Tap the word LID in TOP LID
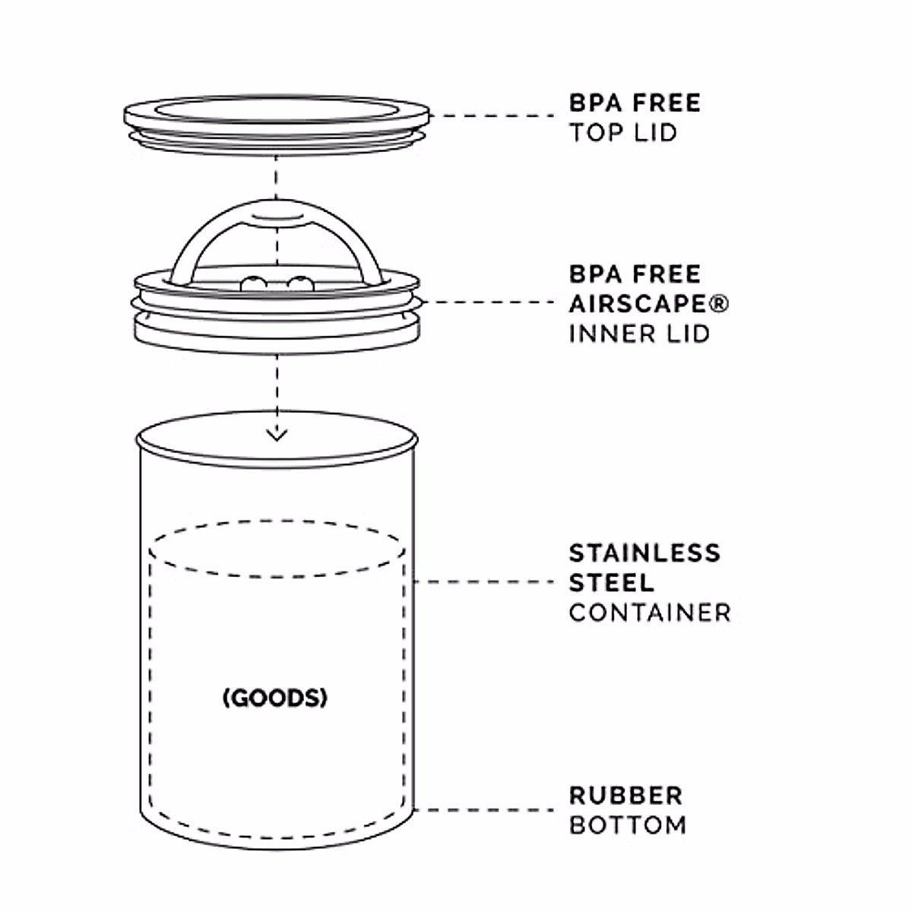click(654, 132)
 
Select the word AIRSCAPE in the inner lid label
click(637, 303)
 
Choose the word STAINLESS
click(644, 553)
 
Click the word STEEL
click(611, 582)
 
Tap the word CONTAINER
click(650, 613)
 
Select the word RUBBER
click(626, 795)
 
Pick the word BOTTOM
click(628, 825)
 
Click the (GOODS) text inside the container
click(275, 698)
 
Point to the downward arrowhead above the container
click(277, 435)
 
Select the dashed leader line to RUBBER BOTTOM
click(486, 809)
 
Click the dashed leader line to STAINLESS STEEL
click(486, 582)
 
